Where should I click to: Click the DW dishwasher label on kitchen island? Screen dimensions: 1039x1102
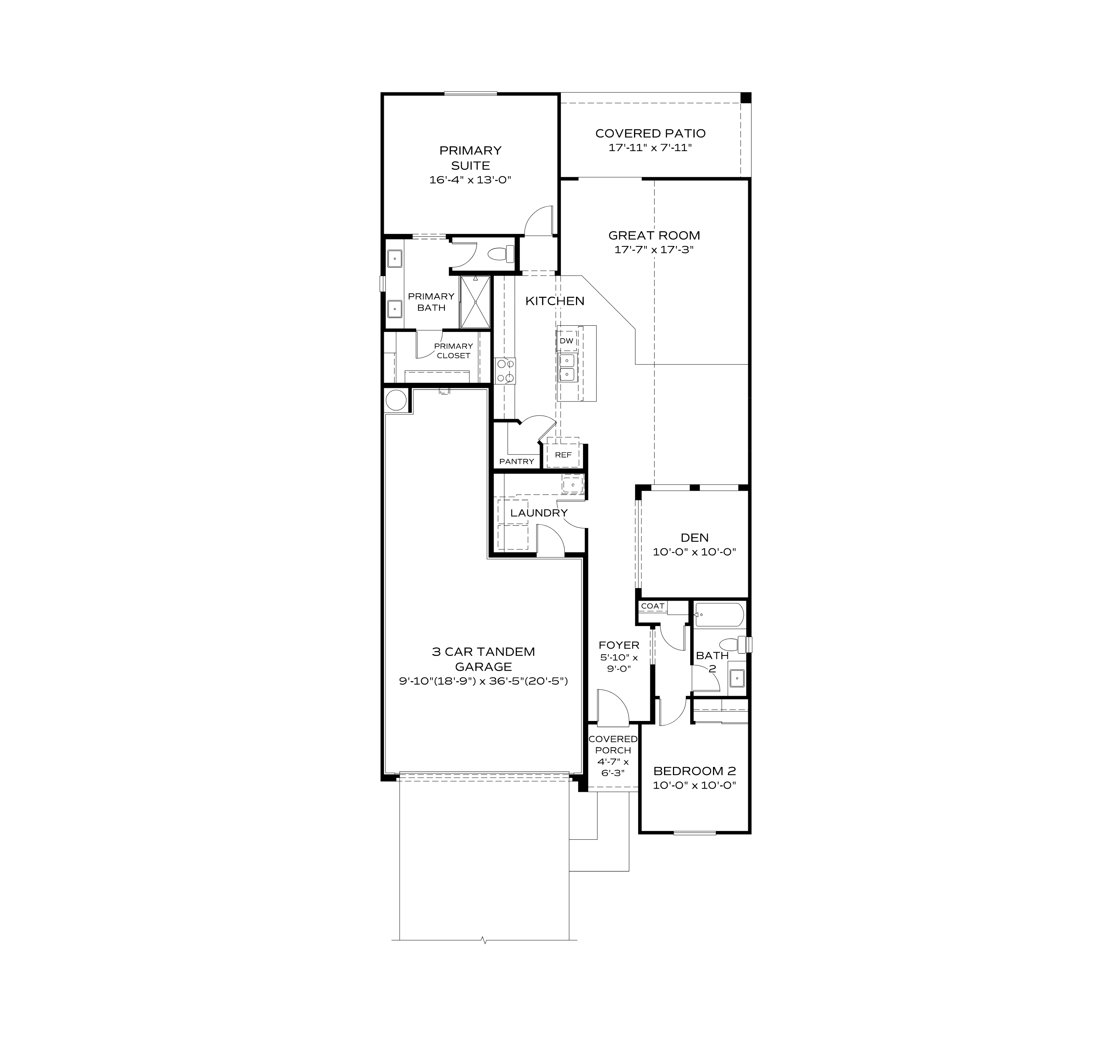point(566,340)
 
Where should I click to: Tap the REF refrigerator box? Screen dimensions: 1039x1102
point(563,455)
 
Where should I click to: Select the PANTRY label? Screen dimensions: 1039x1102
point(516,461)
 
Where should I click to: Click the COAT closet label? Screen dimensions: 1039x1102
point(652,606)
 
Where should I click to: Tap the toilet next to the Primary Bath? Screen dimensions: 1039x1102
point(499,254)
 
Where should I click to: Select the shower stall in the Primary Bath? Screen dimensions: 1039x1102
point(475,302)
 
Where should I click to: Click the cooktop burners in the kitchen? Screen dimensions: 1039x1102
point(505,371)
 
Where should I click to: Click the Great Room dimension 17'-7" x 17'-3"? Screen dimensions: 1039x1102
point(654,250)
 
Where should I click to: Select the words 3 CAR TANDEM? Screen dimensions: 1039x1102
point(483,652)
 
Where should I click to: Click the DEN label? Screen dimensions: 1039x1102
point(694,537)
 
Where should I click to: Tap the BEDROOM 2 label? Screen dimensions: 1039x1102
point(694,771)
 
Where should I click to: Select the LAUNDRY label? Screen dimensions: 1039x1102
point(539,513)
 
